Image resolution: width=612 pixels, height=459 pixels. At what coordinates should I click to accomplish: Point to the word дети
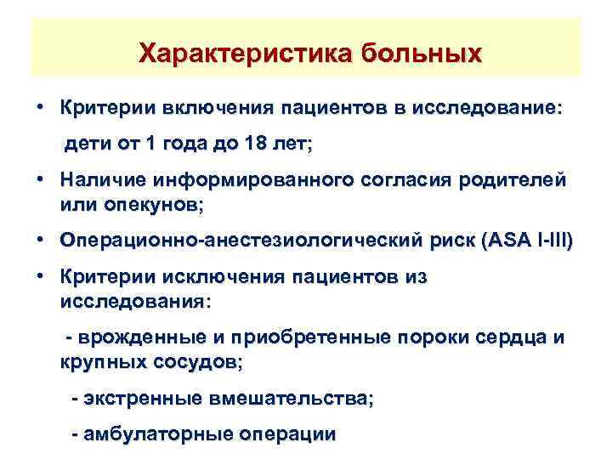pyautogui.click(x=88, y=145)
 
